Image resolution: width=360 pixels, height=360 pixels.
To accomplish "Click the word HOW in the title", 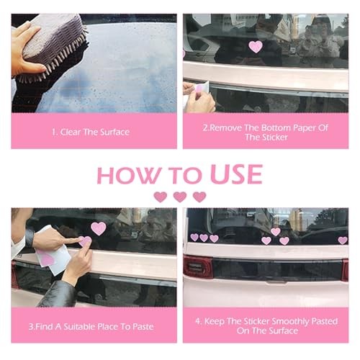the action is [129, 175].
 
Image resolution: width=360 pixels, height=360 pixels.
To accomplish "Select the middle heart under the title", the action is [180, 197].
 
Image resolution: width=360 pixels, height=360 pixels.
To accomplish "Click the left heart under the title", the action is [161, 197].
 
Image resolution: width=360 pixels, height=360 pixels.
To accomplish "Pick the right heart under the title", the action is [199, 197].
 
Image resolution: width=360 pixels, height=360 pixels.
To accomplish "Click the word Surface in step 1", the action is [115, 132].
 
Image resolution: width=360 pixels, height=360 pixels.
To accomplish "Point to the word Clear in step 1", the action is [70, 132].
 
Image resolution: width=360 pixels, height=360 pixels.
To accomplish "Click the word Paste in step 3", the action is [143, 327].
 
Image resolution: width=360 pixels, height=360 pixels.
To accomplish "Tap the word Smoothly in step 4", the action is [291, 322].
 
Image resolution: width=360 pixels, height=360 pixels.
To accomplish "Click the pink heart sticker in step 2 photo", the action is [256, 47].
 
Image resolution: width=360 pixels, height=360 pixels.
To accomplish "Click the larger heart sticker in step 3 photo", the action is [99, 228].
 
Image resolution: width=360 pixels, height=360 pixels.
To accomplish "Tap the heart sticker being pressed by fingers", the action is [85, 241].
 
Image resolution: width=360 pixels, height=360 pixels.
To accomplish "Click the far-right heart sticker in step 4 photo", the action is [343, 240].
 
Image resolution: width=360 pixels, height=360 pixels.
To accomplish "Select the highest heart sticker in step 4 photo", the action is [275, 232].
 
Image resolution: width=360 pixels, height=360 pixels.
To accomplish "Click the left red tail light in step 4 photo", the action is [197, 266].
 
